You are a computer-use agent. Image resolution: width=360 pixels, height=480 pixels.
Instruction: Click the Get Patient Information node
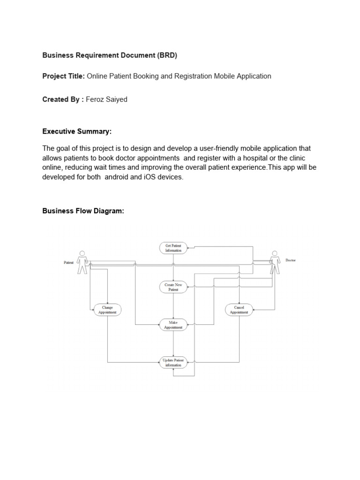[173, 248]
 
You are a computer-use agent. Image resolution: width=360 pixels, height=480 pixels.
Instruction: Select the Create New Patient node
[173, 287]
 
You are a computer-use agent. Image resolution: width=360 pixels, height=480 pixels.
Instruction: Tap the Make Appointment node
[173, 325]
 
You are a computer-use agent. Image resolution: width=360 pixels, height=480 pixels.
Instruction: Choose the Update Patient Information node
[173, 362]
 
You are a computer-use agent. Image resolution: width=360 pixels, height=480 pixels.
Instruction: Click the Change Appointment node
[107, 310]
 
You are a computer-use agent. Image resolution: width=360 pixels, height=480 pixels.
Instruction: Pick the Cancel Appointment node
[239, 310]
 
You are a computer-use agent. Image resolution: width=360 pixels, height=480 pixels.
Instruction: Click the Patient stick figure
[82, 262]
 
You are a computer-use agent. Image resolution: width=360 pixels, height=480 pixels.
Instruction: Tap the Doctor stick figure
[274, 262]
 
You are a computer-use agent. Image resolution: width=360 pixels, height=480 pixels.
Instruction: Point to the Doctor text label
[290, 260]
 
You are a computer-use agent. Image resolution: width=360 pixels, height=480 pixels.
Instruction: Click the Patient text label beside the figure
[68, 263]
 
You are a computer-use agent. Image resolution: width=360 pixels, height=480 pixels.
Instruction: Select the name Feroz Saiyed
[107, 100]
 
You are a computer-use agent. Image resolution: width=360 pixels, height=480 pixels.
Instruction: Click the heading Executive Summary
[77, 131]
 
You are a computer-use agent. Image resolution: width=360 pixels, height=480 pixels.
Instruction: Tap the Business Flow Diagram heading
[83, 211]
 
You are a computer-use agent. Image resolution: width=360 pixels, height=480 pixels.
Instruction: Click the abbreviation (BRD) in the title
[166, 55]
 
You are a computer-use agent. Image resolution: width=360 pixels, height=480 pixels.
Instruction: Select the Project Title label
[63, 76]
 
